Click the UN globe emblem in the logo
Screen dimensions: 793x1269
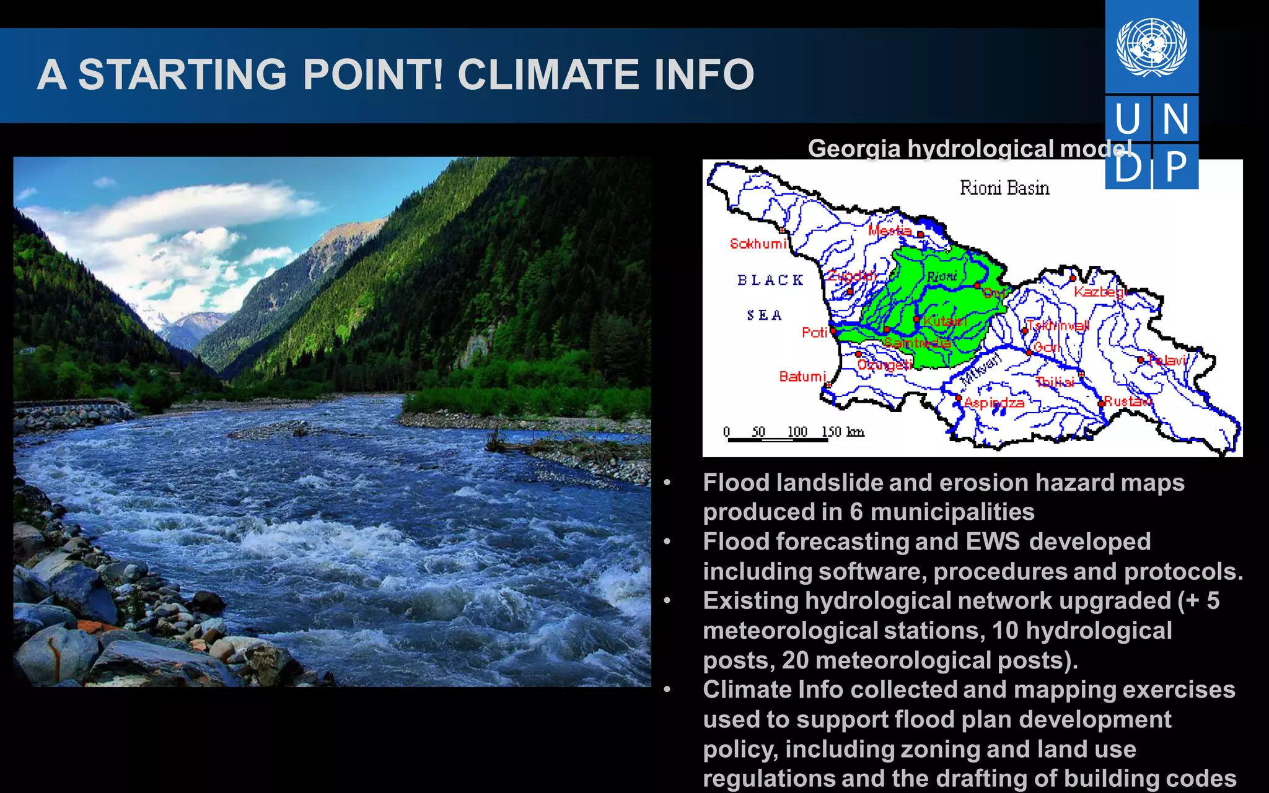[1151, 47]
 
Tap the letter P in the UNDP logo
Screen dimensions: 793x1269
[1175, 166]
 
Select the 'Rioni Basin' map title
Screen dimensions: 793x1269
[1004, 188]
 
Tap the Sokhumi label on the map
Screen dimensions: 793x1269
[758, 243]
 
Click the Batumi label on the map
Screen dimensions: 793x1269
[802, 376]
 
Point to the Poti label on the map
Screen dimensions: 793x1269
[814, 333]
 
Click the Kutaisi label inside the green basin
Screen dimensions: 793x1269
[944, 321]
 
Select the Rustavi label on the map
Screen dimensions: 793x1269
[1128, 401]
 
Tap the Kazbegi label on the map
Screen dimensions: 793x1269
[1099, 291]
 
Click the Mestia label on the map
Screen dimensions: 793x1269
[890, 230]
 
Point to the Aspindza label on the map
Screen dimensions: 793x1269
[995, 403]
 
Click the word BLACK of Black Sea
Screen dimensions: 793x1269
[770, 280]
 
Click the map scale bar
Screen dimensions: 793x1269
[778, 439]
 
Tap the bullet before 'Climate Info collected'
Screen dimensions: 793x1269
[667, 690]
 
